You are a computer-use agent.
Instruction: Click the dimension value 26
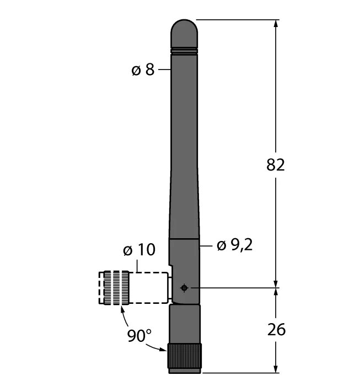tap(276, 330)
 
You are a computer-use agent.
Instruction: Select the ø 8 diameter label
tap(143, 70)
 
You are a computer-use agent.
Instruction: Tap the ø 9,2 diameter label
tap(234, 245)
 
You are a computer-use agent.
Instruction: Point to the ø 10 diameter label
tap(138, 250)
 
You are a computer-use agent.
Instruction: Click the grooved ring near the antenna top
tap(184, 51)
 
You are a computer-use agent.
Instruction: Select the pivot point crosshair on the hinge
tap(184, 287)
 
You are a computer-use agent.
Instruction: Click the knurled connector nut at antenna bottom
tap(184, 357)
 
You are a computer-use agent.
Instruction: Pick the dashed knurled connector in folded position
tap(116, 287)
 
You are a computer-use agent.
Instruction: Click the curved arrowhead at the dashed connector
tap(121, 308)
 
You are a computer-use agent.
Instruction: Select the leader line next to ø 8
tap(164, 70)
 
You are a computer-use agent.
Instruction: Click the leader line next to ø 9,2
tap(205, 245)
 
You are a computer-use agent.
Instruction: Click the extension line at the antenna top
tap(237, 19)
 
